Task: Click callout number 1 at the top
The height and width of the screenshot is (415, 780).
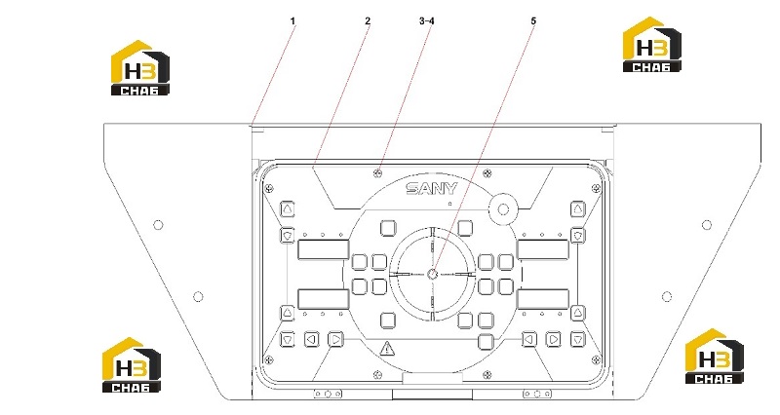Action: (x=293, y=20)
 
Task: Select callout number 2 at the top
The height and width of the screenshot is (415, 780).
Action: (x=368, y=20)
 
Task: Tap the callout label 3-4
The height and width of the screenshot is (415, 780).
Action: (x=427, y=20)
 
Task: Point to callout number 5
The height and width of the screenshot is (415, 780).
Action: (x=533, y=20)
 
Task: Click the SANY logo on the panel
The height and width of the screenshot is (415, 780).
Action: (x=431, y=189)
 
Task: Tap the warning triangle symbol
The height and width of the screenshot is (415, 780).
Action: (x=386, y=348)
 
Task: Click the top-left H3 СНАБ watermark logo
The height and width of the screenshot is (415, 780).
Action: (x=139, y=67)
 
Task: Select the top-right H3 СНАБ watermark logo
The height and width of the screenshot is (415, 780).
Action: (x=651, y=44)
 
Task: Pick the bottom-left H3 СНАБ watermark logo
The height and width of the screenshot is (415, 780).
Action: (x=132, y=364)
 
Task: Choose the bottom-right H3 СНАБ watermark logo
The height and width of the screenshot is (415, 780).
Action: (x=715, y=356)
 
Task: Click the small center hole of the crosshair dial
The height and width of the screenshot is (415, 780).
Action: (x=432, y=274)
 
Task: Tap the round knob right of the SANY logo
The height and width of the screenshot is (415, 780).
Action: (x=503, y=208)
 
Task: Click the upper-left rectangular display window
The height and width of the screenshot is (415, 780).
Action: (x=324, y=249)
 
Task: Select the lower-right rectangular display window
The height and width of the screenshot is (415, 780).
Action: (x=543, y=300)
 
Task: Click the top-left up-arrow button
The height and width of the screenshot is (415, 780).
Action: (x=288, y=209)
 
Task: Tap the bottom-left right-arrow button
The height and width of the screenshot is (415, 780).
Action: (x=336, y=339)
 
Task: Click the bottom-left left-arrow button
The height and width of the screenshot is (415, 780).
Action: (x=312, y=339)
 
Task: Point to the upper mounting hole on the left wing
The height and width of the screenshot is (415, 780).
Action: (x=158, y=225)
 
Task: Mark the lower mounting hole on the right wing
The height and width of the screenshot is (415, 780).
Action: (x=667, y=297)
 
